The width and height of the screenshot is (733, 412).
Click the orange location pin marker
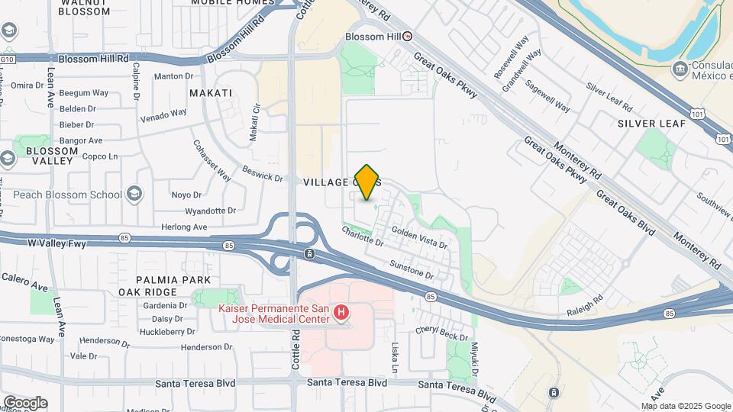tap(367, 182)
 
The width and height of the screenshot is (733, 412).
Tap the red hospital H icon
tap(342, 313)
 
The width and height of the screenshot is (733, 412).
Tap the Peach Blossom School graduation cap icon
tap(135, 194)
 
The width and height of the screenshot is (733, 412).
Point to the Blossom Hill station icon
tap(408, 36)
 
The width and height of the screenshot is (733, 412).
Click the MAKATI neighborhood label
tap(210, 93)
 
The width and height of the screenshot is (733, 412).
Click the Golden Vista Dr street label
tap(418, 235)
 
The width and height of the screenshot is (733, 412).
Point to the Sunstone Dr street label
tap(412, 269)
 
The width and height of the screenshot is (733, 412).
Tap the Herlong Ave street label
tap(184, 227)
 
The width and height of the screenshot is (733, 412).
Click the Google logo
tap(25, 402)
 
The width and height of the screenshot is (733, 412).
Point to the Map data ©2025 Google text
tap(686, 406)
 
